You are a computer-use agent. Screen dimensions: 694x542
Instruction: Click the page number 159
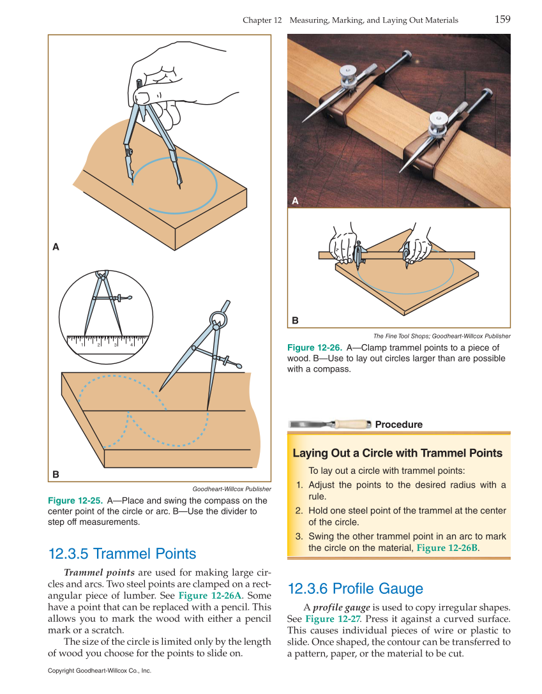(x=502, y=19)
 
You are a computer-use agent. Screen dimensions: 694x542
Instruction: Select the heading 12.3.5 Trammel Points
(x=122, y=554)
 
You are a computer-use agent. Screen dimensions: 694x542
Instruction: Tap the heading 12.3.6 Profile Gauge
(x=355, y=588)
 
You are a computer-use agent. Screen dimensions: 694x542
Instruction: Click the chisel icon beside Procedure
(x=329, y=424)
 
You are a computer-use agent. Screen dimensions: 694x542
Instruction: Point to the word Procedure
(x=398, y=425)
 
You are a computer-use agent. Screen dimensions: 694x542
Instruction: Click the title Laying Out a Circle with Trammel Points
(x=397, y=453)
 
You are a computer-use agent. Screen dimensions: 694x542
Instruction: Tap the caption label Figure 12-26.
(x=314, y=348)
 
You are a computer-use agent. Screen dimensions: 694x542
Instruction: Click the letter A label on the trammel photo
(x=295, y=200)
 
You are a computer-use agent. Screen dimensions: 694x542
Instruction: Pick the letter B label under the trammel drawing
(x=295, y=320)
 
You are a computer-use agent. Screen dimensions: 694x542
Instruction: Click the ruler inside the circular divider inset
(x=106, y=342)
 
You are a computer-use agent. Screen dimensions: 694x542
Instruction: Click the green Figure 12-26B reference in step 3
(x=447, y=548)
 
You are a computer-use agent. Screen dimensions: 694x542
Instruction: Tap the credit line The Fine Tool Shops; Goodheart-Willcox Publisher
(x=442, y=336)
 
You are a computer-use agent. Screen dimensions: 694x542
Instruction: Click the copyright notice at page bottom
(x=99, y=671)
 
